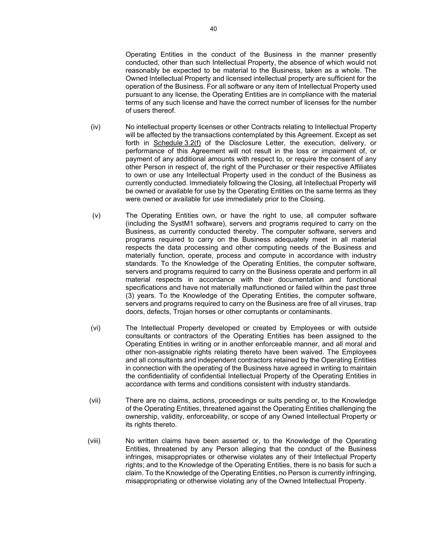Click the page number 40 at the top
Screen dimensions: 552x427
(213, 29)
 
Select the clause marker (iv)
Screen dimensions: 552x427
(96, 127)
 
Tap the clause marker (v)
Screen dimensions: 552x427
(96, 216)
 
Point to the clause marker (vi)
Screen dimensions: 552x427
(96, 328)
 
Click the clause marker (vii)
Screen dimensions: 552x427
(95, 400)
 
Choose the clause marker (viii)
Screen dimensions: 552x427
(94, 441)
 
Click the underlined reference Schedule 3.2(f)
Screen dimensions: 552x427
(177, 143)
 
